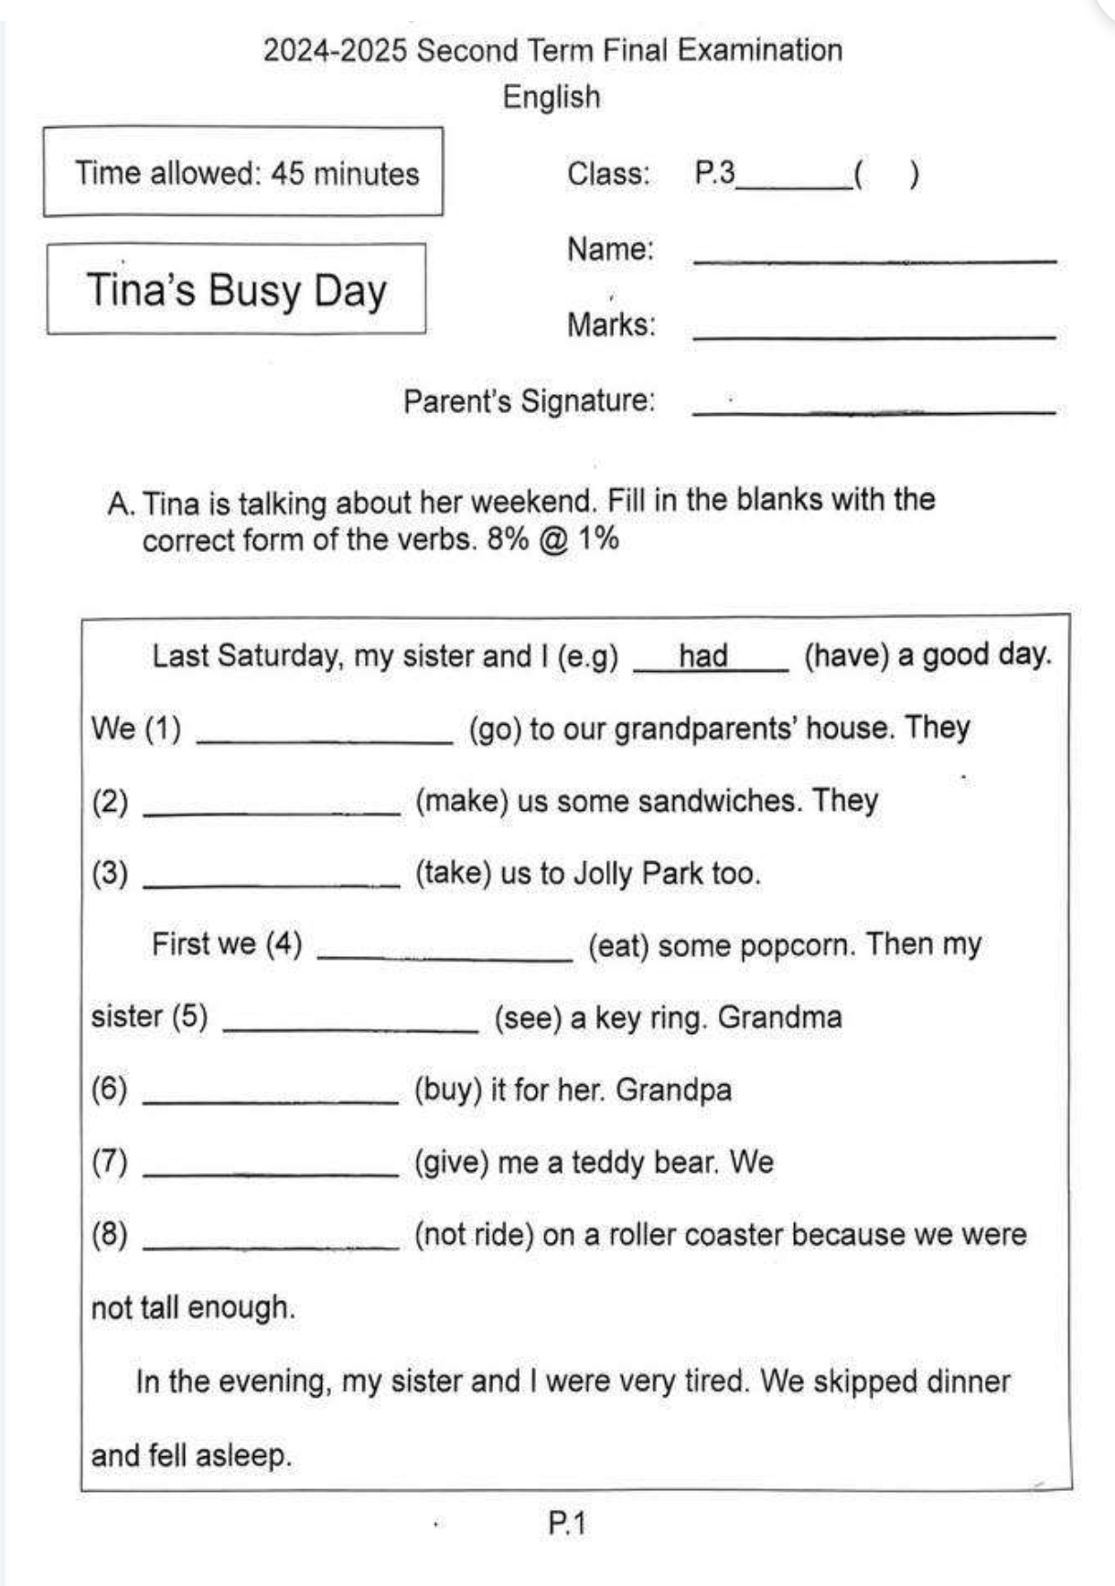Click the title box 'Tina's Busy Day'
(x=236, y=289)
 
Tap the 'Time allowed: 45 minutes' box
(x=243, y=173)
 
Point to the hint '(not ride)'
(x=474, y=1235)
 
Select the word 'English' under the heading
(x=552, y=97)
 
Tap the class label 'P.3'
(x=714, y=173)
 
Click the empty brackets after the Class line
(x=886, y=174)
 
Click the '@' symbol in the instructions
(x=554, y=539)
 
